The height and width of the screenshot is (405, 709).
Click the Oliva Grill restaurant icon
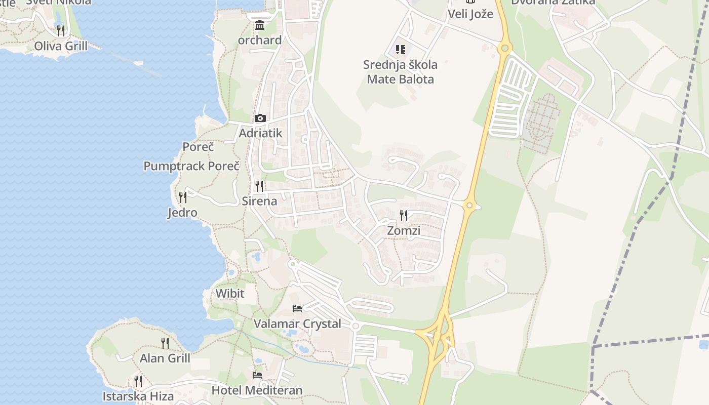61,30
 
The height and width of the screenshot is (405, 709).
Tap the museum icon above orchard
260,25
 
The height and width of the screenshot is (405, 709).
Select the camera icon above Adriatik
260,118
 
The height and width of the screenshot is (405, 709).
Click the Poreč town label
198,147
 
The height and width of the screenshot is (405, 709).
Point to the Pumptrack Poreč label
191,166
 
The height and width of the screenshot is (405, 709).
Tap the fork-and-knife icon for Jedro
183,197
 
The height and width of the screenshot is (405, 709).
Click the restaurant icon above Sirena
259,186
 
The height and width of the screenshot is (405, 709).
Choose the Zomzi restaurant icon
404,216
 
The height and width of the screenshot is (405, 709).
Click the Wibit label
230,293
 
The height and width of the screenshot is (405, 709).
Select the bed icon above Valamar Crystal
297,308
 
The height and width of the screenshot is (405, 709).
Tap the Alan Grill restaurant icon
165,343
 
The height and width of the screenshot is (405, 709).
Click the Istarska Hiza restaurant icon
138,381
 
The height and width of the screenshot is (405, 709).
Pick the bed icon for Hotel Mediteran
257,375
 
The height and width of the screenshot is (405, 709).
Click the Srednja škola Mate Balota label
400,72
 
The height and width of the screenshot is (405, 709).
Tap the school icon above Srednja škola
401,50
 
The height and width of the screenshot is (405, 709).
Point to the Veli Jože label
470,14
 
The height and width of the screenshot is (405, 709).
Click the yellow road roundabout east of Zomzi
469,206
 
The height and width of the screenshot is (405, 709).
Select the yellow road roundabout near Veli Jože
504,48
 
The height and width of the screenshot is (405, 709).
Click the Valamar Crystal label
297,324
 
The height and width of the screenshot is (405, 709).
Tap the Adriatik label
260,133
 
